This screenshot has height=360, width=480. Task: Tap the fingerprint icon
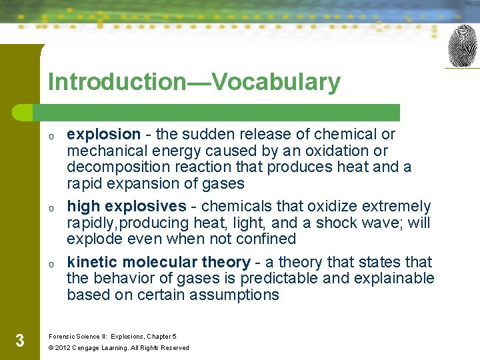[x=463, y=46]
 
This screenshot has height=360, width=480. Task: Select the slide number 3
[x=20, y=341]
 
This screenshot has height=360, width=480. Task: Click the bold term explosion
[x=103, y=134]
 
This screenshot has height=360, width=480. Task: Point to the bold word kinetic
[x=91, y=262]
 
